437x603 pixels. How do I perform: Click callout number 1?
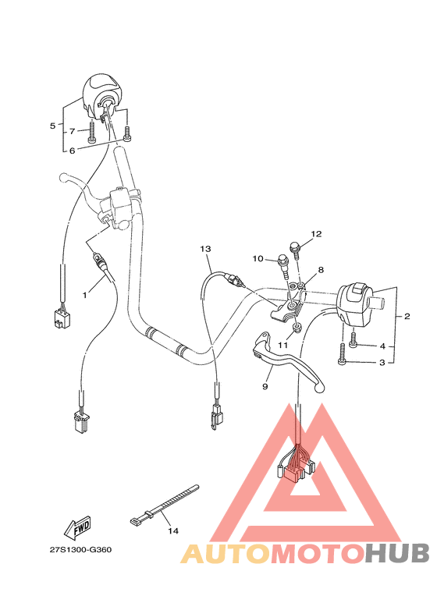click(86, 295)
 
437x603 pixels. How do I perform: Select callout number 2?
click(407, 317)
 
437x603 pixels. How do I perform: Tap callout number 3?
click(382, 363)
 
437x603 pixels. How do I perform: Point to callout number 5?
click(53, 126)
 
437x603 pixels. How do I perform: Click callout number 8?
click(321, 270)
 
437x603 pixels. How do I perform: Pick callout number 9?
click(265, 386)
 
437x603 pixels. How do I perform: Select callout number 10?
click(256, 258)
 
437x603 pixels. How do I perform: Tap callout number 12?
click(317, 233)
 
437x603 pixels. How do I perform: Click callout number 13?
click(205, 249)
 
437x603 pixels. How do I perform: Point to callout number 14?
click(173, 531)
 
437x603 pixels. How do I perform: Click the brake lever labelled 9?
click(289, 360)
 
